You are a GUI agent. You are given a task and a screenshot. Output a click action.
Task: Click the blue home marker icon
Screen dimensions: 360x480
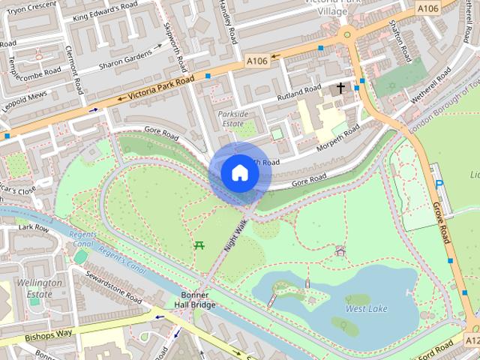(x=239, y=173)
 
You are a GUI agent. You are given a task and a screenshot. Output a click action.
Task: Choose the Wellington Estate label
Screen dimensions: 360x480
(x=41, y=289)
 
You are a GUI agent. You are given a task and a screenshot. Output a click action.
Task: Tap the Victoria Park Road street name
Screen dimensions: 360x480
(x=160, y=87)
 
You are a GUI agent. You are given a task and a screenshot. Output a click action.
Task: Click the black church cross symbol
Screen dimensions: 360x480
(x=340, y=88)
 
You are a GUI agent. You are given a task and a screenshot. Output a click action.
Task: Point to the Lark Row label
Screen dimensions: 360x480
(x=33, y=226)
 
